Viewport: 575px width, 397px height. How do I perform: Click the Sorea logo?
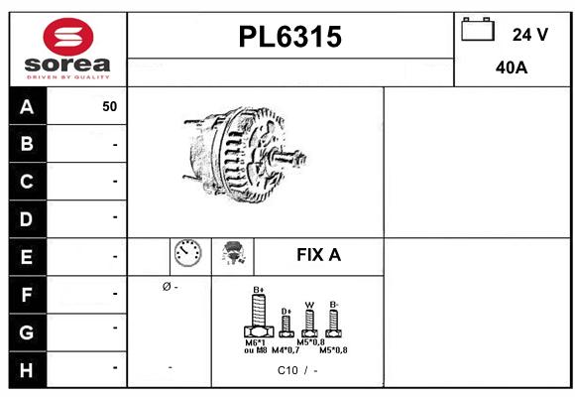(x=67, y=50)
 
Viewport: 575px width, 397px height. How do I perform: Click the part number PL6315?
(x=290, y=38)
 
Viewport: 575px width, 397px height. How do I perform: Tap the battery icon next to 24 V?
(x=478, y=31)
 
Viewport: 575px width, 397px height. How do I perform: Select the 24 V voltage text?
(x=529, y=34)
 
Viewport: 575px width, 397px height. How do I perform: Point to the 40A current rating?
(x=511, y=67)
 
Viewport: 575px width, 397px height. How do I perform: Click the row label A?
(x=27, y=106)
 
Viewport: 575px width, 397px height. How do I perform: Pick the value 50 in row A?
(x=109, y=106)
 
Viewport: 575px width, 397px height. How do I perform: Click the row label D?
(x=27, y=217)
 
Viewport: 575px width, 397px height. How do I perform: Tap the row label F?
(x=27, y=294)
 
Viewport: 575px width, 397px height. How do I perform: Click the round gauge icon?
(x=187, y=254)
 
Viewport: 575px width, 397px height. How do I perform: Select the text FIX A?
(x=318, y=255)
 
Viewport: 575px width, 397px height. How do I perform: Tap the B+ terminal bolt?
(x=258, y=319)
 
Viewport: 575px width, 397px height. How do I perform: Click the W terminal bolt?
(x=308, y=322)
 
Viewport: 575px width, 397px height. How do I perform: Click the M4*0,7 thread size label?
(x=287, y=350)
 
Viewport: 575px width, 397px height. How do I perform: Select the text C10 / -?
(x=297, y=371)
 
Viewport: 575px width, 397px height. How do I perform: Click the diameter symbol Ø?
(x=166, y=287)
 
